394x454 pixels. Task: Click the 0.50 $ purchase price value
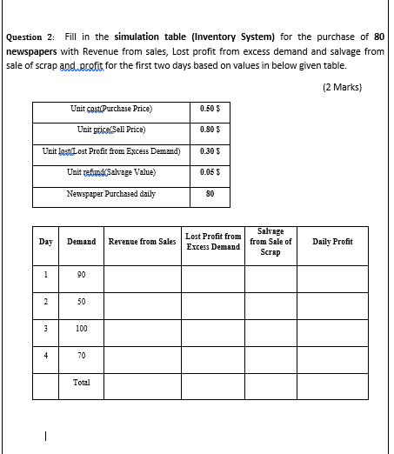coord(209,110)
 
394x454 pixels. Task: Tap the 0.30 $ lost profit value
coord(209,151)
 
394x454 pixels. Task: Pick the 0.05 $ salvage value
coord(209,172)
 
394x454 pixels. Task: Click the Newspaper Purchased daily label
coord(111,193)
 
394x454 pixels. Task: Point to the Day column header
coord(45,241)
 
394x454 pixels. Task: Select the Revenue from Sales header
coord(142,241)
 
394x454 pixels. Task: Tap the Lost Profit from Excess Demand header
coord(213,241)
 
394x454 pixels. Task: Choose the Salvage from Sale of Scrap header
coord(270,241)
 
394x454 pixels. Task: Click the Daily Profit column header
coord(332,241)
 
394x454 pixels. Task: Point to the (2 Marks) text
coord(341,87)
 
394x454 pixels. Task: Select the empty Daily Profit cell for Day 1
coord(332,277)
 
